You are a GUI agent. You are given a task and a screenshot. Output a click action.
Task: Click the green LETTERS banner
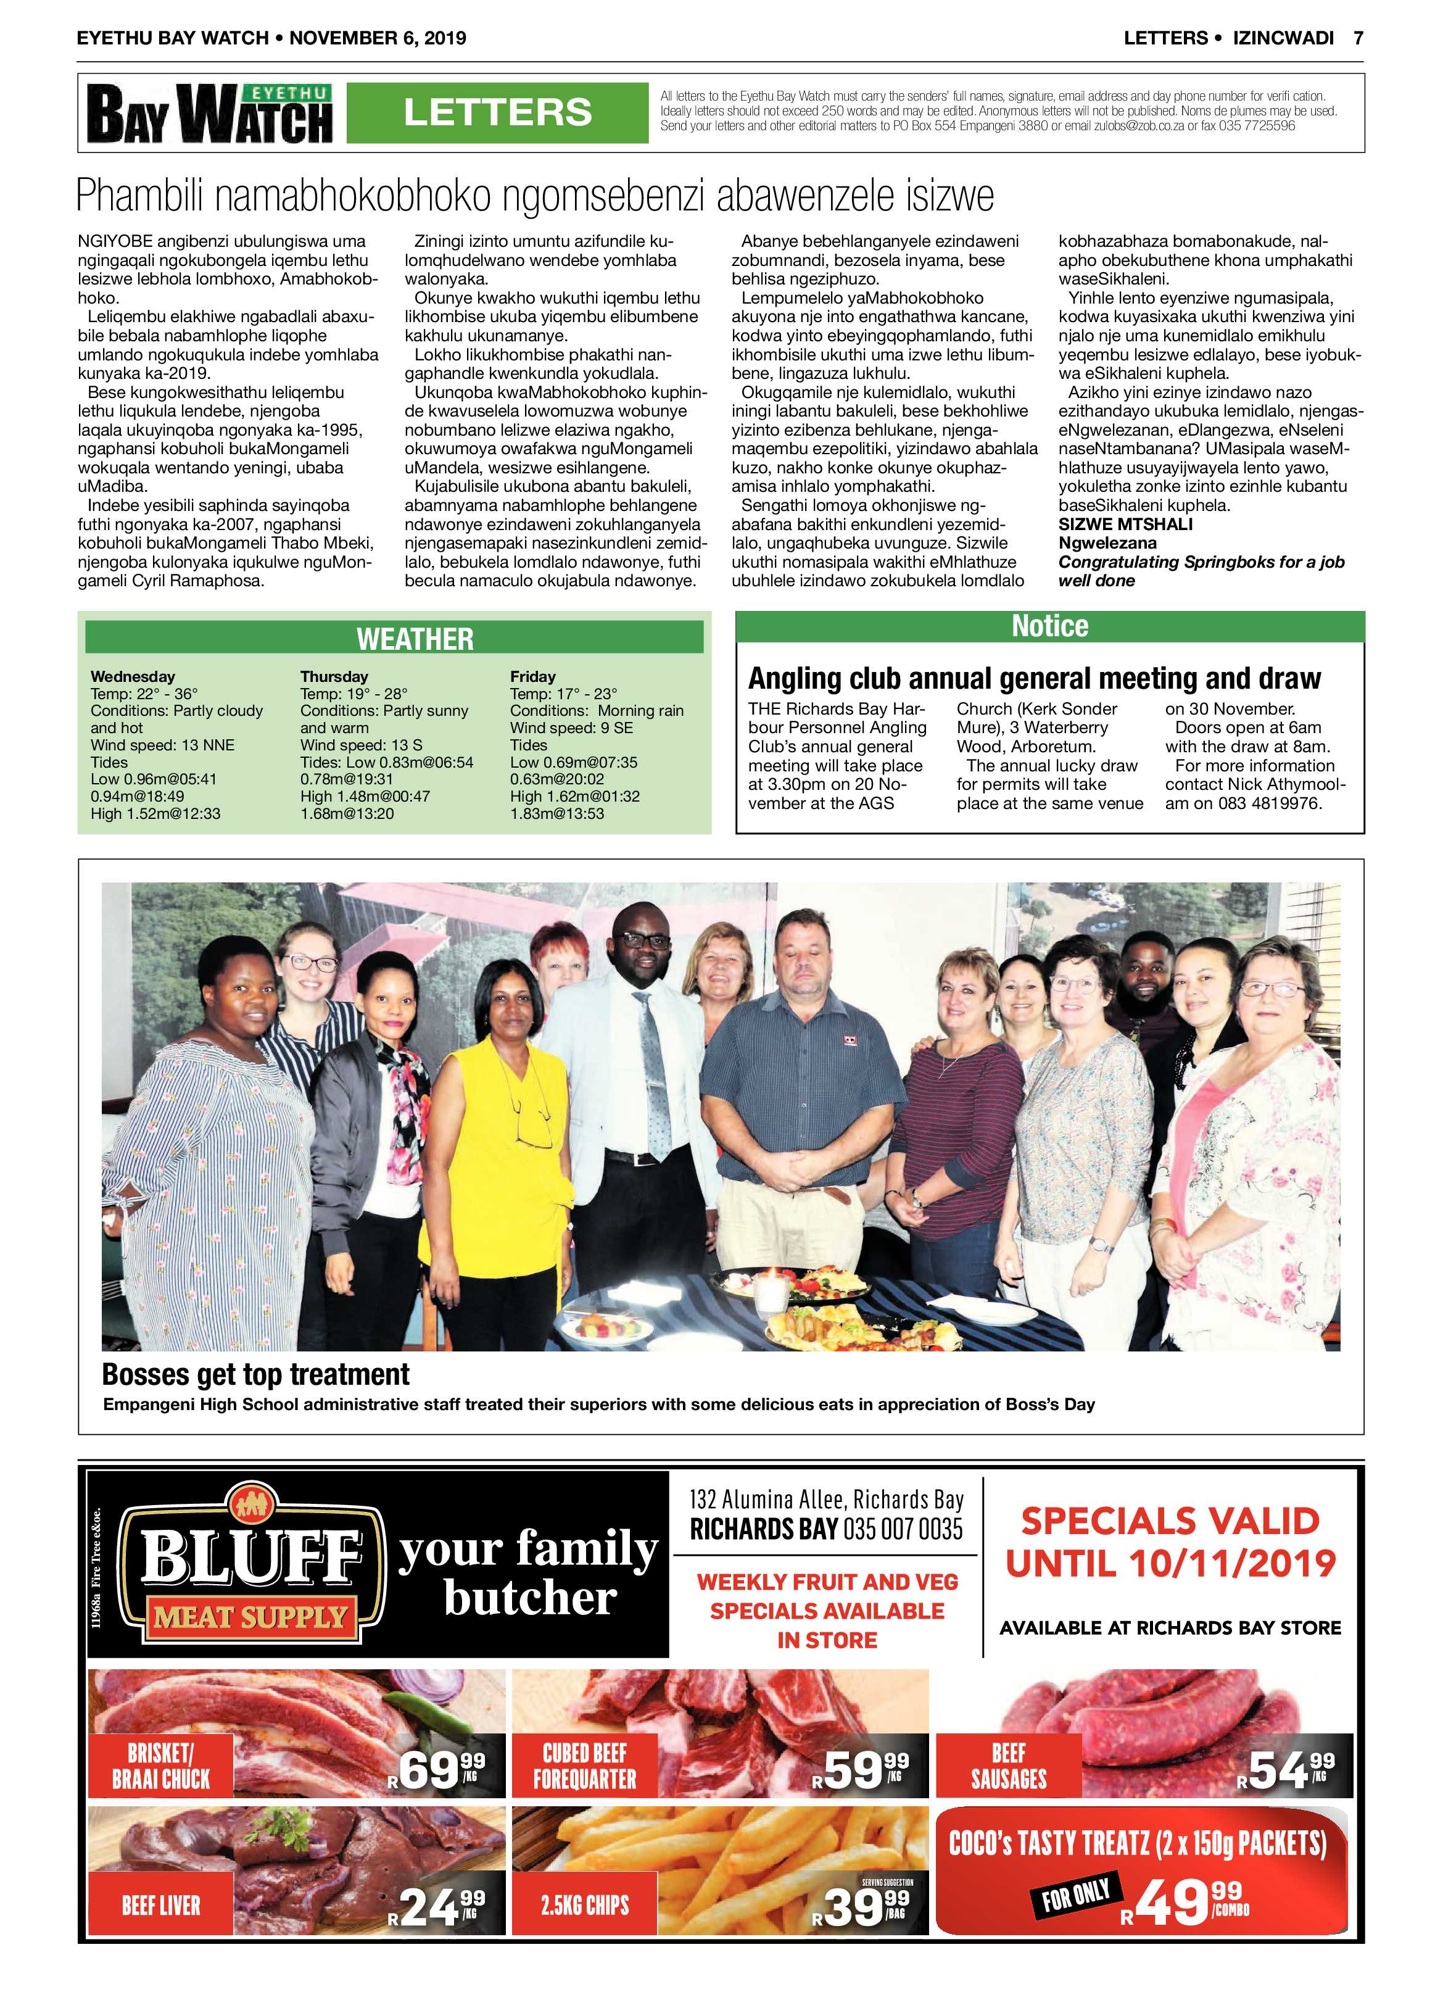497,112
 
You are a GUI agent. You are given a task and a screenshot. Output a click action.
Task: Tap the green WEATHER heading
415,639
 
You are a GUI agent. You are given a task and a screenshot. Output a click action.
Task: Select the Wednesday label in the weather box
133,676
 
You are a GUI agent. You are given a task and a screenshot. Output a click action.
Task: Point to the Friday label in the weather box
532,676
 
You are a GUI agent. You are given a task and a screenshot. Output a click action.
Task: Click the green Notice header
1049,626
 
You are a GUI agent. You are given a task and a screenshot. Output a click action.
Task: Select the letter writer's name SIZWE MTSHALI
1125,525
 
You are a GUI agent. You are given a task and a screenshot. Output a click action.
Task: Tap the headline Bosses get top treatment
255,1374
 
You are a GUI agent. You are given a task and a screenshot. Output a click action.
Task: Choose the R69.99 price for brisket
437,1769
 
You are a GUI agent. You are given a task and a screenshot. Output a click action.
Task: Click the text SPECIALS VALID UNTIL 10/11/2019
1170,1542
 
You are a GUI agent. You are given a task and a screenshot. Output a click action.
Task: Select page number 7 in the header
1358,38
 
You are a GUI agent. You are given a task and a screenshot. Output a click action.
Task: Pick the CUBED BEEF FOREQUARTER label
585,1766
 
